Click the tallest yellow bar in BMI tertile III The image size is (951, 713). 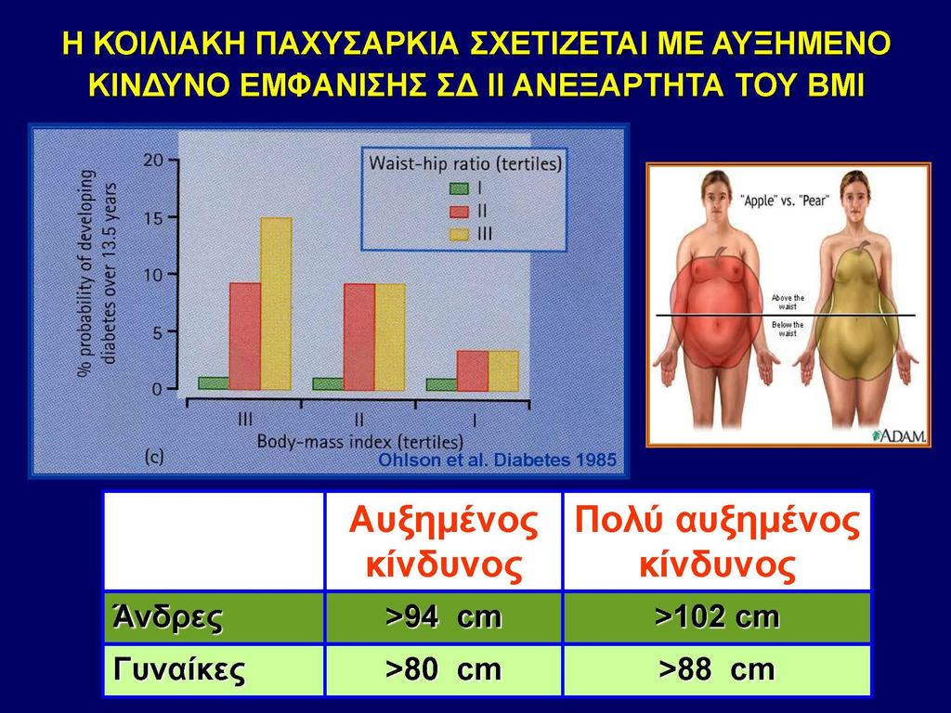[x=276, y=304]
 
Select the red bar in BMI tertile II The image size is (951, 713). [x=359, y=337]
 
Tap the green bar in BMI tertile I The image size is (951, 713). [x=441, y=384]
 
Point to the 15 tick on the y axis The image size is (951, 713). [x=172, y=217]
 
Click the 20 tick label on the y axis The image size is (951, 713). [x=153, y=161]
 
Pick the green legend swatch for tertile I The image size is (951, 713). [x=459, y=188]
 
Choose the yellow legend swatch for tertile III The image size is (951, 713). [x=459, y=234]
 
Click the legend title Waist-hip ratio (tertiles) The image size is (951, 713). [x=465, y=163]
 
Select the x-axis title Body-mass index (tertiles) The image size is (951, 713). [x=360, y=441]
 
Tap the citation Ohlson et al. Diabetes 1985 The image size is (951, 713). [x=498, y=460]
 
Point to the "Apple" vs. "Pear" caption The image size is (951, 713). [x=784, y=201]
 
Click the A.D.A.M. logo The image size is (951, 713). [x=899, y=436]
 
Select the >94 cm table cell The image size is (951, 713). [x=443, y=617]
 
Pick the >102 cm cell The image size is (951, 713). [x=717, y=617]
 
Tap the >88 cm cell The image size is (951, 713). [x=717, y=669]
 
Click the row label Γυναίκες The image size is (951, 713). [x=179, y=670]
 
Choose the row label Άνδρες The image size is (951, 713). [x=167, y=617]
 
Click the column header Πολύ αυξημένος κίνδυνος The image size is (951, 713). [x=717, y=542]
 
